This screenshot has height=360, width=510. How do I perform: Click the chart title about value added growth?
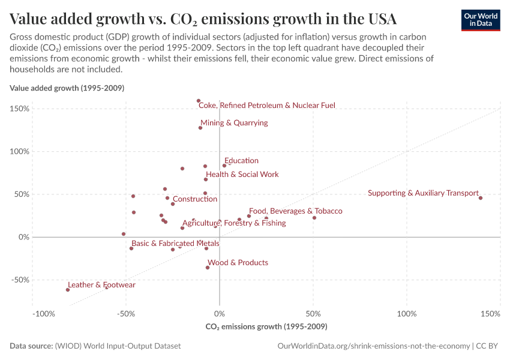pos(203,19)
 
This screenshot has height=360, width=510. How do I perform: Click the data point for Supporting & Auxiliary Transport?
pos(481,197)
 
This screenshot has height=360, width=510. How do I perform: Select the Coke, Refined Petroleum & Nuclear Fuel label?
pos(266,106)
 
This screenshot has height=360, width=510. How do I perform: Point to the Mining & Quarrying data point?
pos(200,128)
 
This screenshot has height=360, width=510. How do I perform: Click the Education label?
pos(241,161)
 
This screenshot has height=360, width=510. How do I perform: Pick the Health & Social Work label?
pos(242,175)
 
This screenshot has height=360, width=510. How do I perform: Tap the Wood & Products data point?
pos(208,268)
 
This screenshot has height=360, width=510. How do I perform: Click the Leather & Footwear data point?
pos(68,290)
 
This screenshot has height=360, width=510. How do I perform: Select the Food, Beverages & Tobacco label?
pos(295,211)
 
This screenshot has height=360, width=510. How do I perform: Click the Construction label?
pos(195,199)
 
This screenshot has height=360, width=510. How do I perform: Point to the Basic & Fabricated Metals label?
pos(175,244)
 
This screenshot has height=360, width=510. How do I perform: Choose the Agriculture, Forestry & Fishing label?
pos(234,223)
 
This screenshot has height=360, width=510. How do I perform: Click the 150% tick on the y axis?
pos(20,109)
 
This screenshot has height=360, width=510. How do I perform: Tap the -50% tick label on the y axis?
pos(20,280)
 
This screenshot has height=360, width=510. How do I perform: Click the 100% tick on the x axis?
pos(407,314)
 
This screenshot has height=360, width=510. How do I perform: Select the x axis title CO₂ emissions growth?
pos(266,327)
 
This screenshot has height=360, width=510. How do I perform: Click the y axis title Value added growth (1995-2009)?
pos(67,88)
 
